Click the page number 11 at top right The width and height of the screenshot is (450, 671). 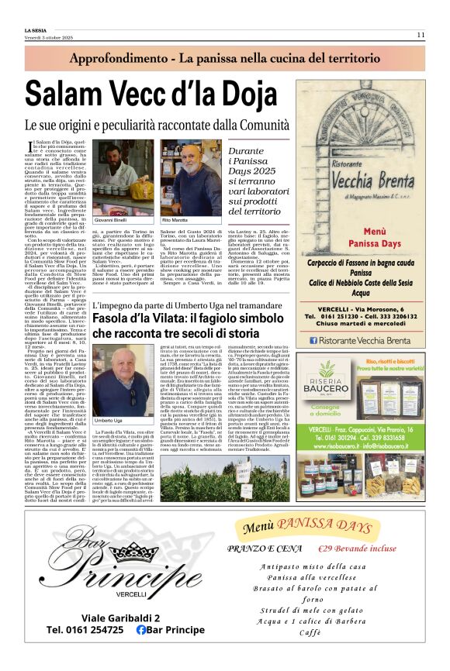tap(420, 35)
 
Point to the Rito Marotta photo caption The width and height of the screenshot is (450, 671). tap(175, 220)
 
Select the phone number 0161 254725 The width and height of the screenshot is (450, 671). tap(85, 630)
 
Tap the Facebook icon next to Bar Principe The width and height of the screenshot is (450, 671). tap(141, 630)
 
